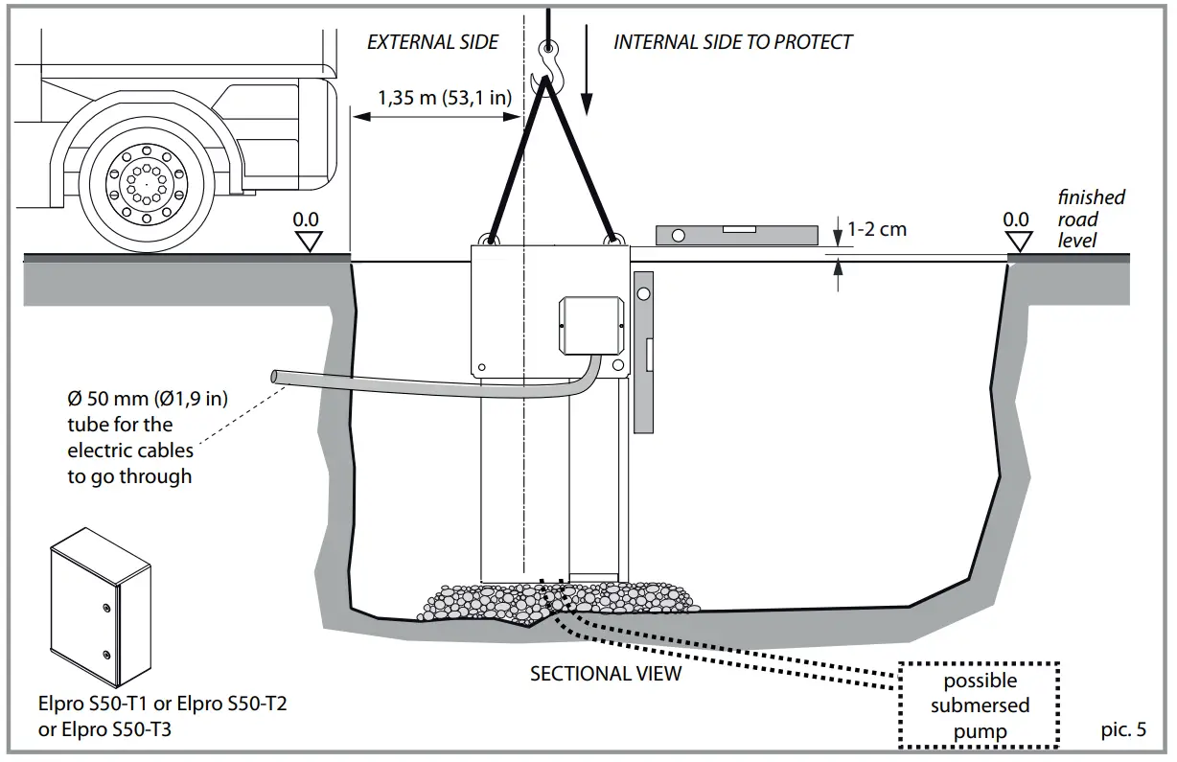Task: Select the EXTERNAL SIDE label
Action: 433,42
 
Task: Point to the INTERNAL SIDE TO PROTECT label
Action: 732,42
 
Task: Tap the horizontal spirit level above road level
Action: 736,234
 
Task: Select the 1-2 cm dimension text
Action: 877,230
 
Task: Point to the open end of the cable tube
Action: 278,378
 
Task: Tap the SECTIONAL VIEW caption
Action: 606,674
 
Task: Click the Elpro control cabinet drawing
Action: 100,607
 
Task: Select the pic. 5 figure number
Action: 1123,729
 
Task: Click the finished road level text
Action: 1091,219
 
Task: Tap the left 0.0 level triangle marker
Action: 307,241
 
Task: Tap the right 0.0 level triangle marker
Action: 1016,241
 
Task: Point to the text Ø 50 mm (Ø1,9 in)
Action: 147,398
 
